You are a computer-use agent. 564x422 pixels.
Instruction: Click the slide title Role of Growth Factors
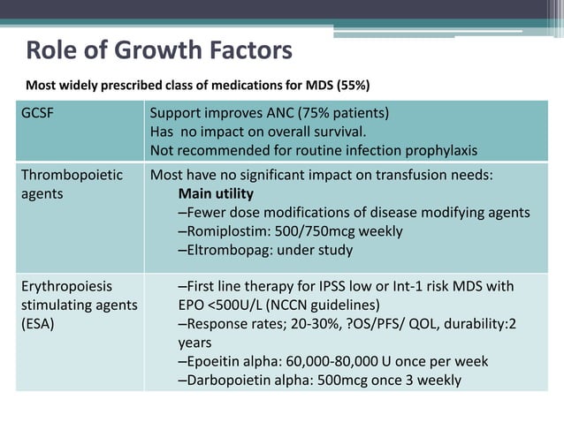tap(159, 50)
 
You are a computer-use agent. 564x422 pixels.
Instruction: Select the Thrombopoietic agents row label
tap(72, 184)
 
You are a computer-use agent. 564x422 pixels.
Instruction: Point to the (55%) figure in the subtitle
tap(351, 86)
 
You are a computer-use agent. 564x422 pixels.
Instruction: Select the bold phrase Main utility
tap(216, 193)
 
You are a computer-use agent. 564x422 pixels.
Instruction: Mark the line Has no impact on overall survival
tap(269, 132)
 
